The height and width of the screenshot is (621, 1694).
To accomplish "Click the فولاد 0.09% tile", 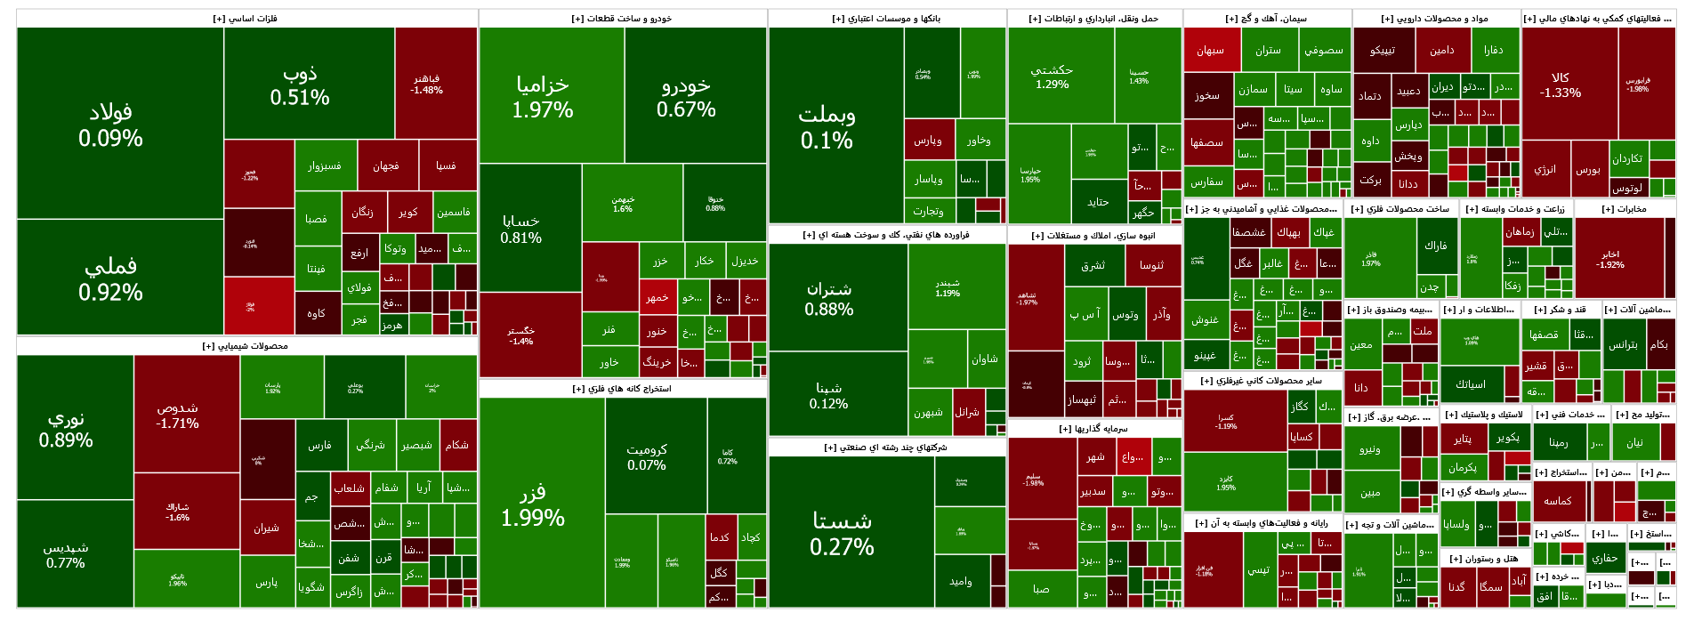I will click(110, 125).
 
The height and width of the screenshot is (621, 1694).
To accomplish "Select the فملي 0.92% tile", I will click(110, 278).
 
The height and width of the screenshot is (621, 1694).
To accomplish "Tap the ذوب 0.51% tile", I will click(300, 85).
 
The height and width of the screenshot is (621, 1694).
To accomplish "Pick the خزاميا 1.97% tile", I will click(543, 96).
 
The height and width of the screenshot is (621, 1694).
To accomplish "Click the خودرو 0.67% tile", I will click(686, 96).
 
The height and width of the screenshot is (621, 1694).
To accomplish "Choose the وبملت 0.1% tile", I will click(827, 126).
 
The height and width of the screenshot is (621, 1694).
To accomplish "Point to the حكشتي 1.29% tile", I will click(1052, 77).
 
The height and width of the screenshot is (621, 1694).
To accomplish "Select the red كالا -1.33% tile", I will click(1561, 85).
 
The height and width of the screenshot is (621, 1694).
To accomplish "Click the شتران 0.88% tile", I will click(828, 299).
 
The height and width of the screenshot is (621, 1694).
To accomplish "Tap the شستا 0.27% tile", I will click(842, 533).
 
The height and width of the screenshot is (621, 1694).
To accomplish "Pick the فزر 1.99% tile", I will click(533, 504).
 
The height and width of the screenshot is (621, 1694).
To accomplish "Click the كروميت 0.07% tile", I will click(647, 456).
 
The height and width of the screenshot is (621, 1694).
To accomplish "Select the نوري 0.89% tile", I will click(66, 428).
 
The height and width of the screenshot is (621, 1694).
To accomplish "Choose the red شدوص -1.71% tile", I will click(177, 415).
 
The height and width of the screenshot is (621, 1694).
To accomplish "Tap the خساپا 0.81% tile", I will click(520, 229).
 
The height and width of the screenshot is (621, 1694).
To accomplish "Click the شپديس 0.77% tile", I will click(66, 554).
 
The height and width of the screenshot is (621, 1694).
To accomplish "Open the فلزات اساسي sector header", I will click(246, 19).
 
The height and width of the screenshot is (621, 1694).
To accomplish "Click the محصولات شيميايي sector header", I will click(246, 346).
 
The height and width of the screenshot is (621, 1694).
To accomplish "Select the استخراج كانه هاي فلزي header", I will click(622, 389).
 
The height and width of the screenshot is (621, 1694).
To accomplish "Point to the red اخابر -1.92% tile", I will click(1609, 259).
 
